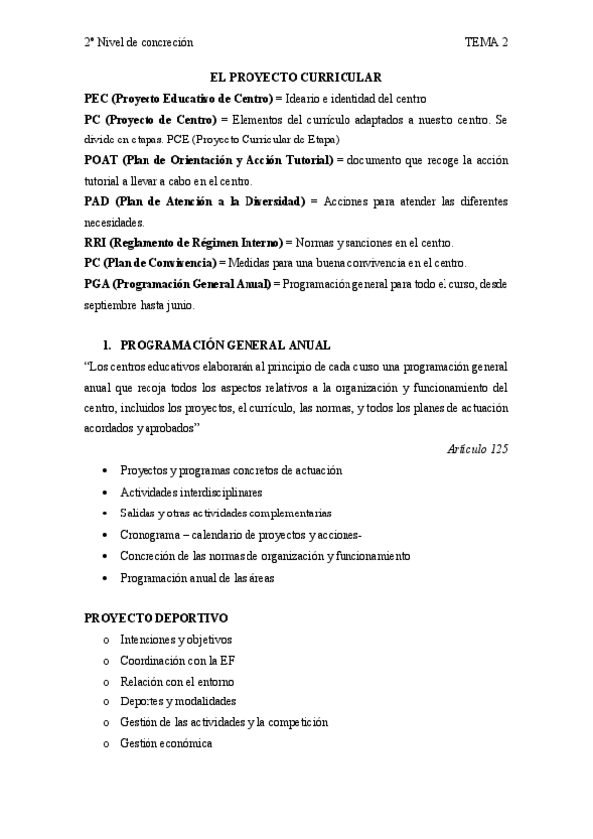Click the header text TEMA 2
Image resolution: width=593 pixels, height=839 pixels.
pyautogui.click(x=486, y=42)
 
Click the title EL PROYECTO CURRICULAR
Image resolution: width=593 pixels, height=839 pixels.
pyautogui.click(x=296, y=76)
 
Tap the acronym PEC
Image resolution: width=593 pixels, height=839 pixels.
pyautogui.click(x=95, y=98)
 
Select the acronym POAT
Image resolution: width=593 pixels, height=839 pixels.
pyautogui.click(x=102, y=159)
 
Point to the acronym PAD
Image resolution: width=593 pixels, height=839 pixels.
pyautogui.click(x=97, y=202)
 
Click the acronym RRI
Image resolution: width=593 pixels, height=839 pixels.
pyautogui.click(x=95, y=243)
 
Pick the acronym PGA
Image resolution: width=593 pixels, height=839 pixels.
pyautogui.click(x=97, y=284)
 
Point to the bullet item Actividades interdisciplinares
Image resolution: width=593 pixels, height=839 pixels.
pyautogui.click(x=191, y=492)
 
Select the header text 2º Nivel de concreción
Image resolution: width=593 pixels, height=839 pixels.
pyautogui.click(x=139, y=42)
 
